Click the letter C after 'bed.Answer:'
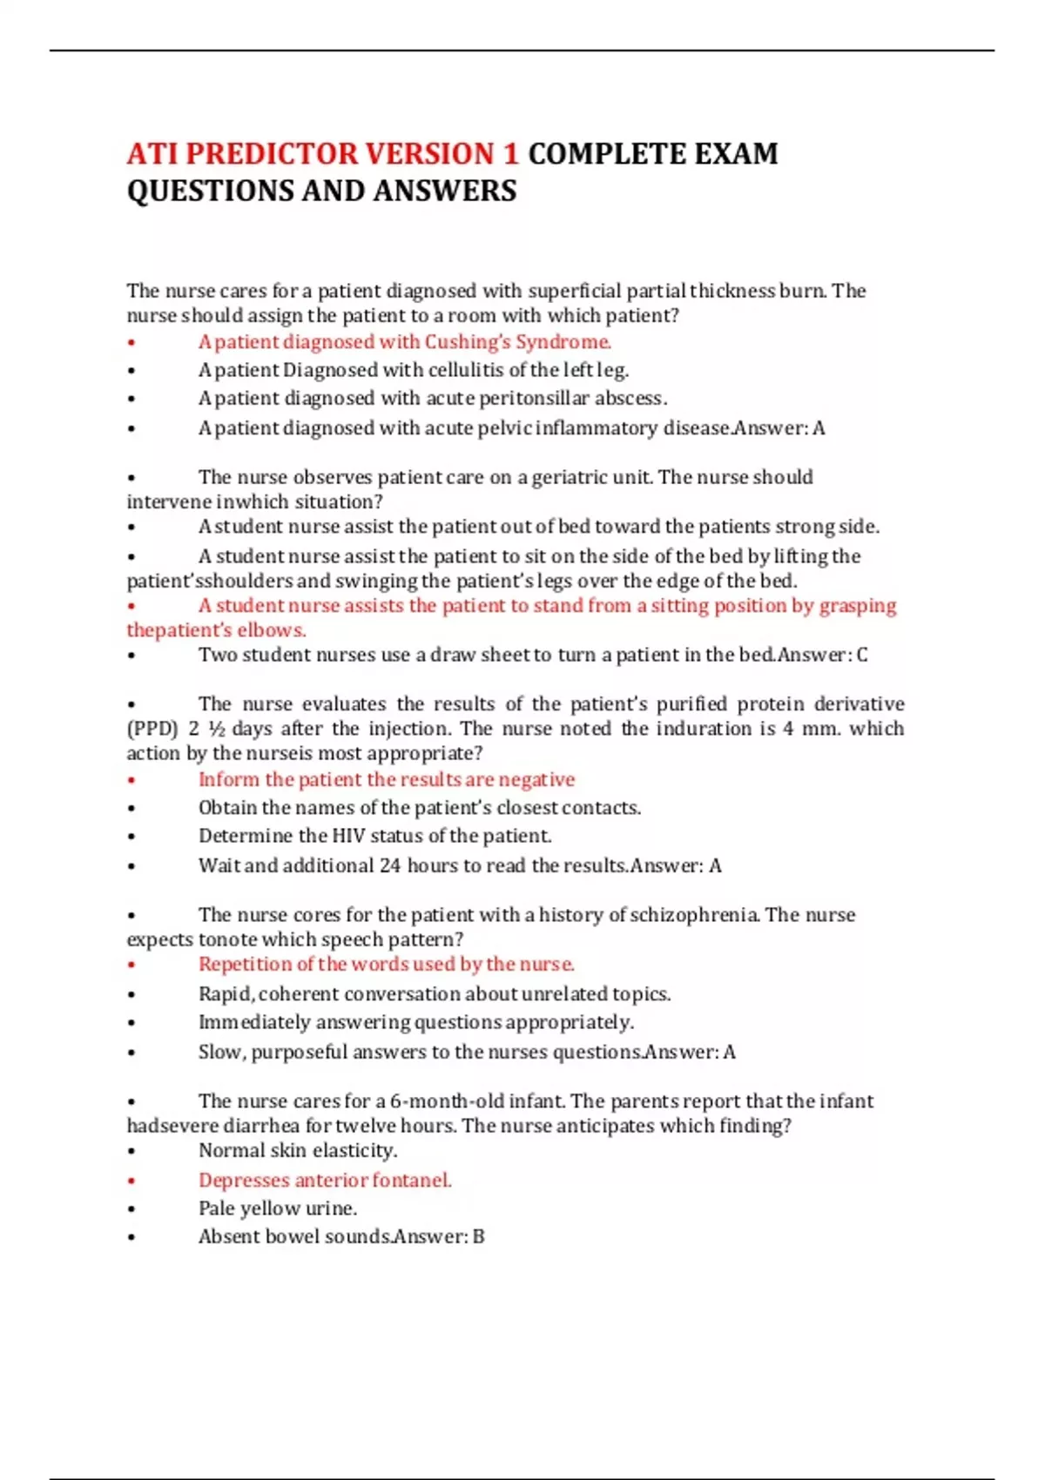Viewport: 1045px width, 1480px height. point(862,655)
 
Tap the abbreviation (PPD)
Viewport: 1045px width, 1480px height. point(152,729)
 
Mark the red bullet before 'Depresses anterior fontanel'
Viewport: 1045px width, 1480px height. point(131,1181)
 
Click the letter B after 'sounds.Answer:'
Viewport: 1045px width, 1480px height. point(478,1237)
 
